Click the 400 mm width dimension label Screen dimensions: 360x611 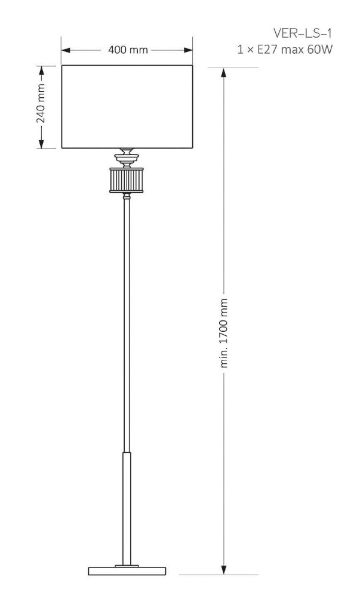point(128,50)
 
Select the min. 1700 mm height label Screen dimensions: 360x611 point(224,333)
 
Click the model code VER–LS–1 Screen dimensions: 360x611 point(303,33)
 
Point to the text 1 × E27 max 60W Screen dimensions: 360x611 point(285,50)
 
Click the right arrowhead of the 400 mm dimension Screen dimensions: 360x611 point(189,50)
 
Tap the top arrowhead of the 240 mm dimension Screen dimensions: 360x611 point(41,70)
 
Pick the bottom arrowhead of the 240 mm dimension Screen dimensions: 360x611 point(41,144)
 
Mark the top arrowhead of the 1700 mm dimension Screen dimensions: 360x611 point(224,72)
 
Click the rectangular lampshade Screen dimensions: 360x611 point(128,107)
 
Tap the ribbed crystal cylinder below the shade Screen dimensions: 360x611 point(127,180)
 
